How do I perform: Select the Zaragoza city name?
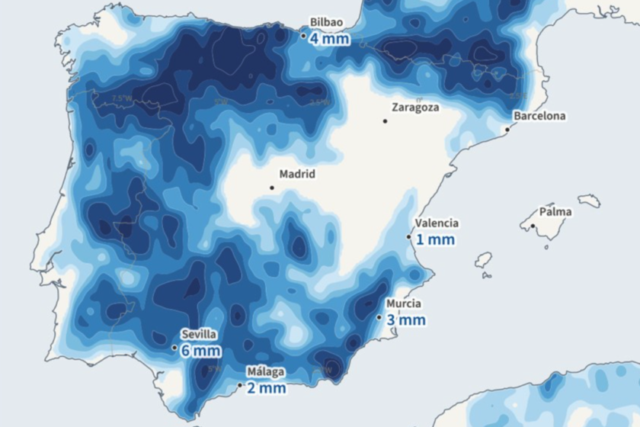click(414, 108)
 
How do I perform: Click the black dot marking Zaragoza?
click(386, 120)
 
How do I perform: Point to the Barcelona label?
click(539, 116)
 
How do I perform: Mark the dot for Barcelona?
click(507, 130)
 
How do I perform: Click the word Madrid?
click(297, 174)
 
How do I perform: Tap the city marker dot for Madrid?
click(272, 188)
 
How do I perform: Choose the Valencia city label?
click(437, 223)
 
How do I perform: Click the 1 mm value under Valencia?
click(435, 239)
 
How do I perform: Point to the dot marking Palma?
click(533, 226)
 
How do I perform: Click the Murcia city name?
click(404, 303)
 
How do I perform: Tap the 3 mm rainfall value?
click(406, 319)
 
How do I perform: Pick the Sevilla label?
click(199, 334)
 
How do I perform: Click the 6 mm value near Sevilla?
click(201, 350)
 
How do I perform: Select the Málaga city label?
click(265, 372)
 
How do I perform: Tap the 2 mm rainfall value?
click(266, 388)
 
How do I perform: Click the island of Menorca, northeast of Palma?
click(589, 201)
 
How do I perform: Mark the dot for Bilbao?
click(303, 35)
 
